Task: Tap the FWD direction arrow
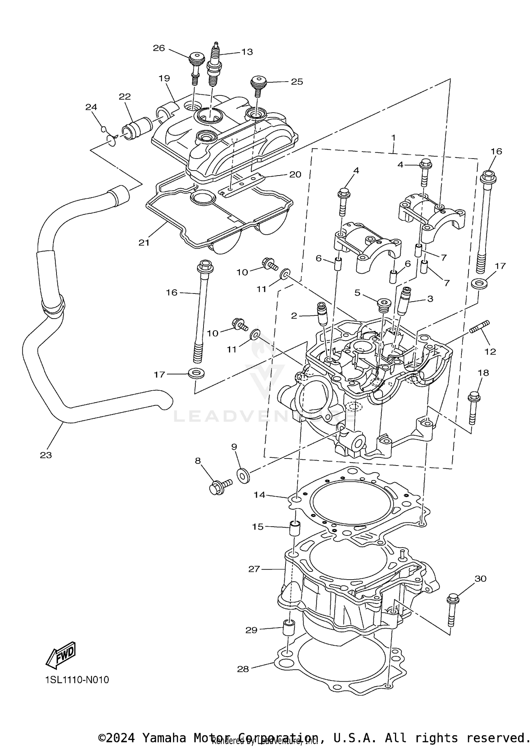click(61, 654)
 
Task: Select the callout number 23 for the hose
click(46, 455)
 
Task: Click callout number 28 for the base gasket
click(243, 669)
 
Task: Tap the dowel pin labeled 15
click(295, 529)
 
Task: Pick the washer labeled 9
click(243, 475)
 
